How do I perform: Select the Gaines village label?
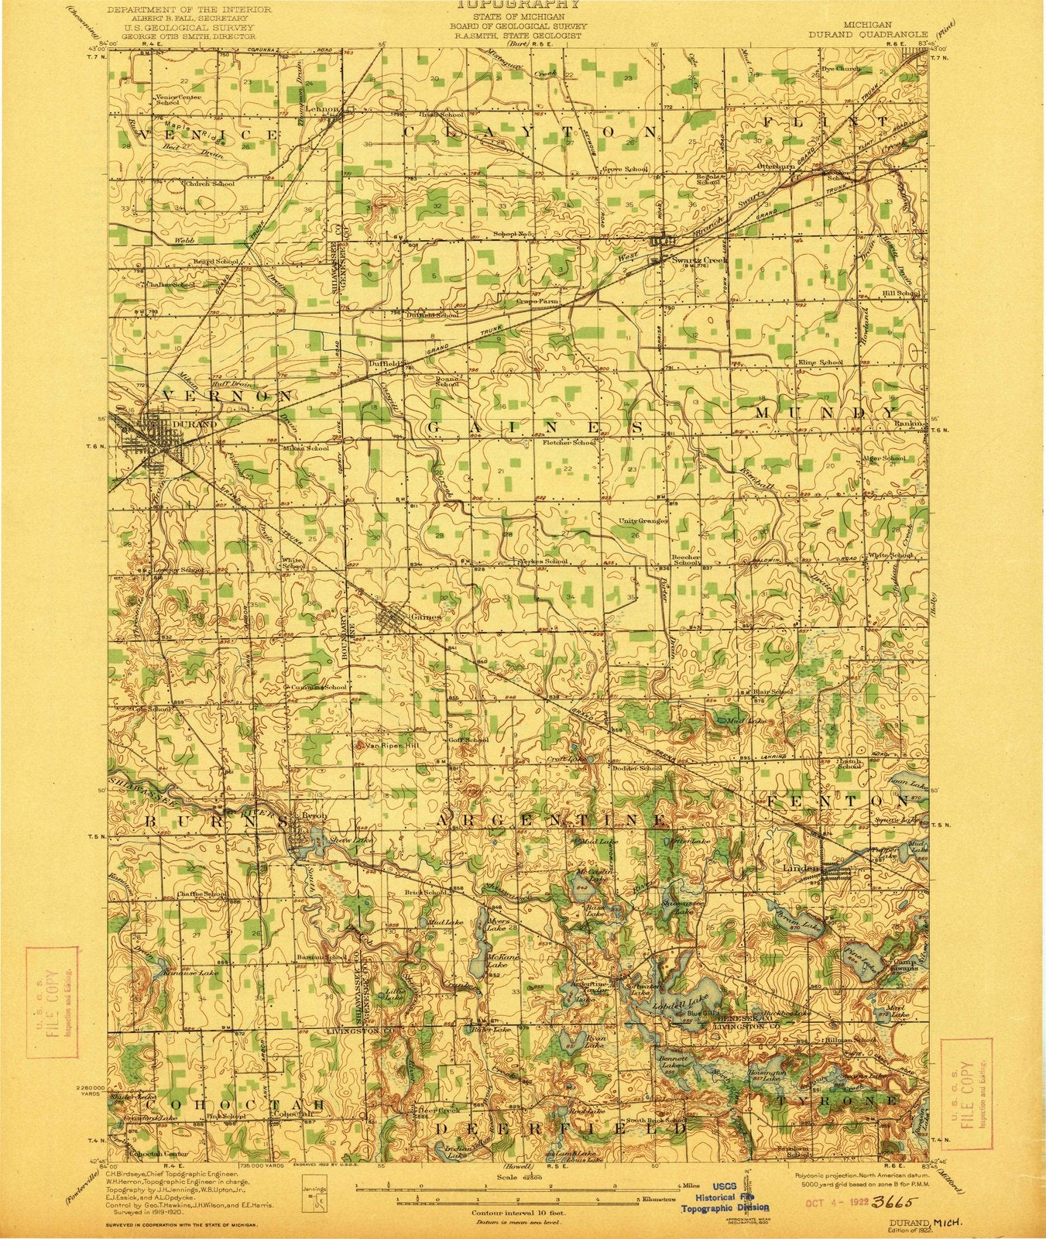pyautogui.click(x=426, y=617)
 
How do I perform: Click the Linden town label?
pyautogui.click(x=801, y=868)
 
